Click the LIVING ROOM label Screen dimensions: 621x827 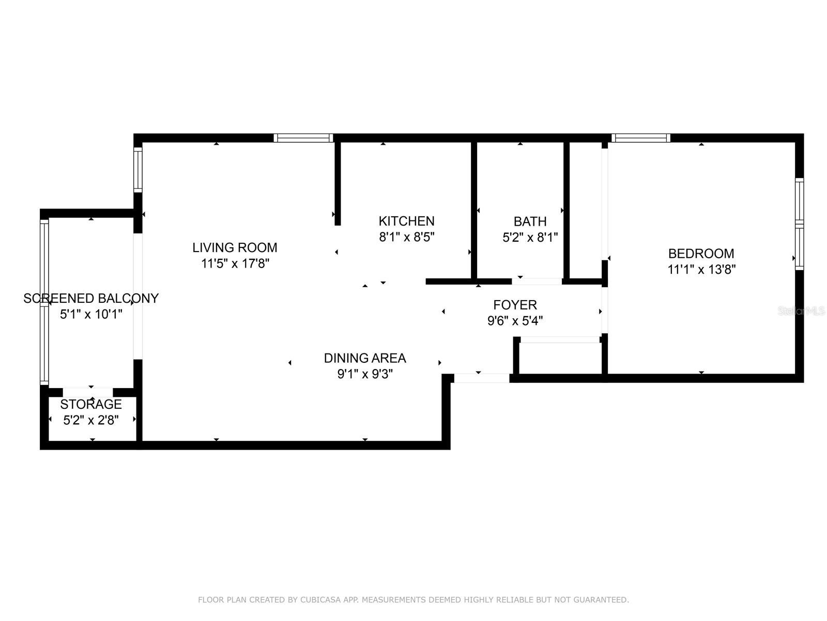point(235,247)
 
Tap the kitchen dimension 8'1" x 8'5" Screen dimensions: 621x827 point(406,238)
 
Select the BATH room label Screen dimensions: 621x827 point(530,221)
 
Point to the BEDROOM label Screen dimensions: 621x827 point(701,254)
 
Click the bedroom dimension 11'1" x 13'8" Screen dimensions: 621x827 point(701,270)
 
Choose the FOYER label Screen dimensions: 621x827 point(515,305)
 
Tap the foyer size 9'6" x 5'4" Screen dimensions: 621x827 point(515,321)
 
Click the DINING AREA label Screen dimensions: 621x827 point(365,358)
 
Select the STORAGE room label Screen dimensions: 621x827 point(91,404)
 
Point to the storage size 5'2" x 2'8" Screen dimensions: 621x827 point(91,420)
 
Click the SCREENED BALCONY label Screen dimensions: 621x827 point(91,298)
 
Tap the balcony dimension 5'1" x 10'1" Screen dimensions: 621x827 point(91,314)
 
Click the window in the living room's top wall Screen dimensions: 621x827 point(303,138)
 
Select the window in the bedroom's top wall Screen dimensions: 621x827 point(641,138)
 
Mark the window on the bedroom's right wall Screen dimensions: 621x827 point(799,224)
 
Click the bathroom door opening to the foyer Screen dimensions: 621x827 point(537,282)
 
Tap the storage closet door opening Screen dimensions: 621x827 point(88,392)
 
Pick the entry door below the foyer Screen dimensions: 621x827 point(481,378)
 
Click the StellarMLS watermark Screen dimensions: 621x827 point(801,311)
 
